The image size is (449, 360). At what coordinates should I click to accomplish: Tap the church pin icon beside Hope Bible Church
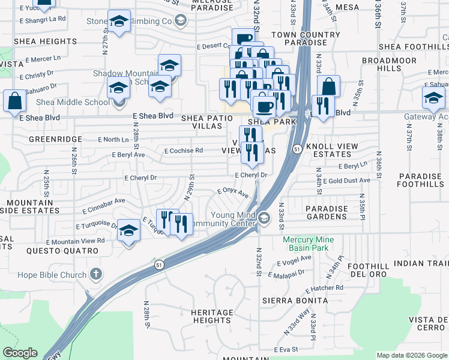point(95,275)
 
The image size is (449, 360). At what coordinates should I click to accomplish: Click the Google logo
point(20,353)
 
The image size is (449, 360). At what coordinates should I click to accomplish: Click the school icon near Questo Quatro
point(129,230)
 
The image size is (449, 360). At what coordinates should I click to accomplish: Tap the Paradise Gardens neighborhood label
point(327,212)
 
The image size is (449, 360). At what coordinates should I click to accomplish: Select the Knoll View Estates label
point(332,150)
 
